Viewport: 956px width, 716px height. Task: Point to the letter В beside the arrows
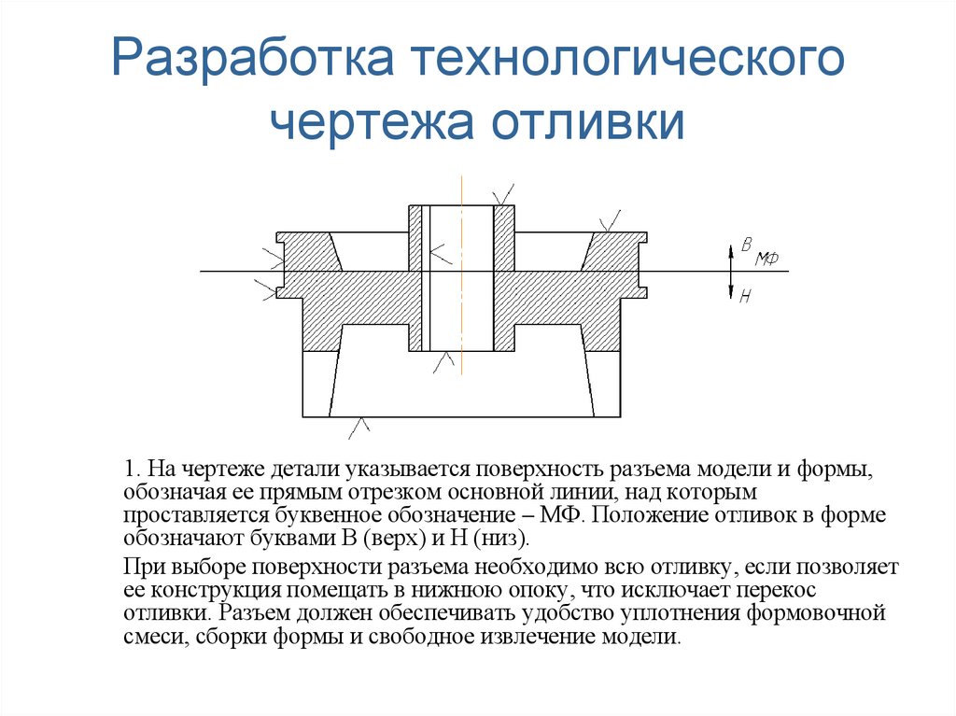coord(746,245)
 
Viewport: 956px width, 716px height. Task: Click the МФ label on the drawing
coord(767,258)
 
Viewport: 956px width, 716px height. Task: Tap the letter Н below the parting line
coord(745,298)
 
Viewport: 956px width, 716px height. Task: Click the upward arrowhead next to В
coord(731,249)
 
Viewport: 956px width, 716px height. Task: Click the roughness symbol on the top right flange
coord(612,220)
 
